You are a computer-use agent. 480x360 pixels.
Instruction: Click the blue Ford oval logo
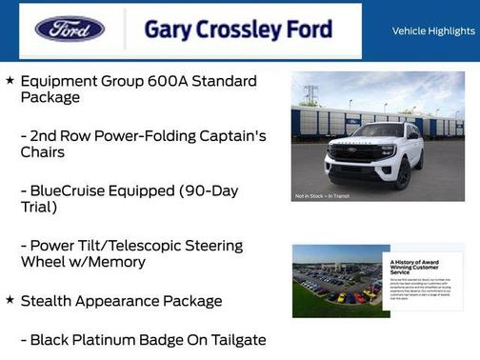click(x=70, y=29)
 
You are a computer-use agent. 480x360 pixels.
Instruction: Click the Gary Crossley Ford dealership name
click(x=238, y=30)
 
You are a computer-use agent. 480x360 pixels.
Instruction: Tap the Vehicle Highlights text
click(x=433, y=30)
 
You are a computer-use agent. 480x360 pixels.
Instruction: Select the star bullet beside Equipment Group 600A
click(x=10, y=81)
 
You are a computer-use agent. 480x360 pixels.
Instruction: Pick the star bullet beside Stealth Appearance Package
click(x=10, y=300)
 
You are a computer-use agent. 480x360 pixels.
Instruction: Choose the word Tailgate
click(x=234, y=339)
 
